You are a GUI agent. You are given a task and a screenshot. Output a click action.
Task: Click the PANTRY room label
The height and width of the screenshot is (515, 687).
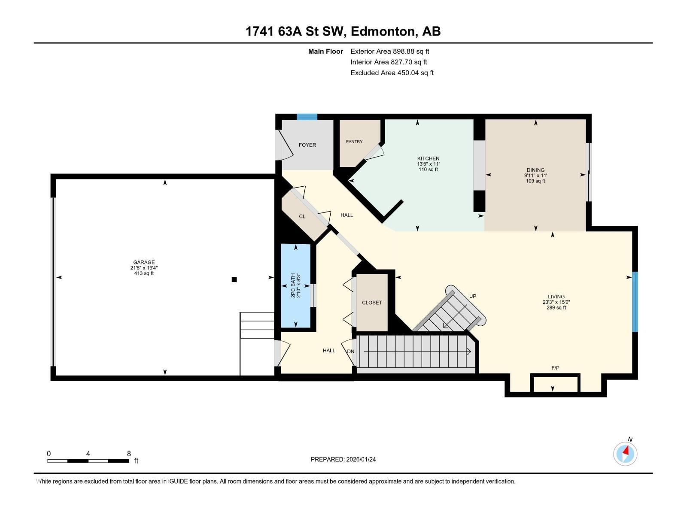click(354, 142)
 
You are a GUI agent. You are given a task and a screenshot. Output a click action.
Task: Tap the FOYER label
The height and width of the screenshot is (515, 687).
click(307, 145)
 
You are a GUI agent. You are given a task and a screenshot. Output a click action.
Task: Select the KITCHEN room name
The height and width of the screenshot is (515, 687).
click(428, 158)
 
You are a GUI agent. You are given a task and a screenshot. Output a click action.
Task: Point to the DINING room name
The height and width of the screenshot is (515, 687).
click(535, 170)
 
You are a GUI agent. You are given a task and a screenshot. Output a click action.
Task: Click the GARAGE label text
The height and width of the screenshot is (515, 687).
click(144, 262)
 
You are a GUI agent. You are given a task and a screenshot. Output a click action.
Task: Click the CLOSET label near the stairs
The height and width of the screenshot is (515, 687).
click(372, 303)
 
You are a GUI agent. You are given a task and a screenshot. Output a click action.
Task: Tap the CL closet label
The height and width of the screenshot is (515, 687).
click(302, 216)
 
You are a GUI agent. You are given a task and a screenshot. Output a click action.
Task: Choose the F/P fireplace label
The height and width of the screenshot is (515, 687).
click(555, 368)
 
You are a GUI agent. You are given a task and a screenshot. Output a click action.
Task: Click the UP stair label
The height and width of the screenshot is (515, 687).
click(473, 296)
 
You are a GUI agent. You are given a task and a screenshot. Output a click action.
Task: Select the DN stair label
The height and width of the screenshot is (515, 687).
click(350, 351)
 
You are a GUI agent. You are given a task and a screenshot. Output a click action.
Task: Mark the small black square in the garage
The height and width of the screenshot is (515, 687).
click(234, 279)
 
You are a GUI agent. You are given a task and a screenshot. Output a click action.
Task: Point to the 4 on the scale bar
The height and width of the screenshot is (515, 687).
click(88, 453)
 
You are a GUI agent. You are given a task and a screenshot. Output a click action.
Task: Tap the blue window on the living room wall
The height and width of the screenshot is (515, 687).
click(635, 302)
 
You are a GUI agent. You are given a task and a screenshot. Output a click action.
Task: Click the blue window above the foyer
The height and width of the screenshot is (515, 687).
click(307, 117)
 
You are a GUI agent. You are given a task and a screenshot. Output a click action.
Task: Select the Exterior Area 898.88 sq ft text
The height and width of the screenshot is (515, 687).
click(390, 51)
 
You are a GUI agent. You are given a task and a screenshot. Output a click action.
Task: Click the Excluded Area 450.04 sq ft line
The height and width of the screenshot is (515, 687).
click(392, 73)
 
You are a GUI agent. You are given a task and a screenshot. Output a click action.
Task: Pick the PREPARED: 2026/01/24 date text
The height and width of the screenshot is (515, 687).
click(343, 459)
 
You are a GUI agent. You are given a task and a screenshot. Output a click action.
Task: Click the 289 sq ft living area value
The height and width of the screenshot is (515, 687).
click(556, 308)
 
